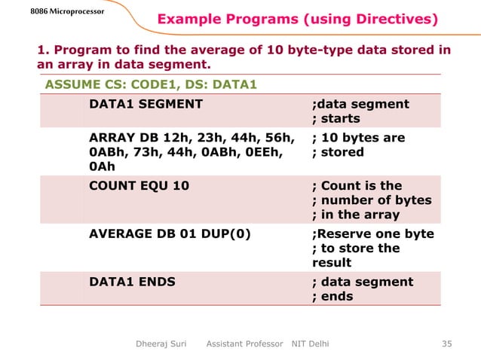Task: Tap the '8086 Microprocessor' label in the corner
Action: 51,11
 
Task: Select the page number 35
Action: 446,344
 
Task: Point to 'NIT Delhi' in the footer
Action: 310,344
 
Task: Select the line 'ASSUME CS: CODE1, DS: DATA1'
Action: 150,83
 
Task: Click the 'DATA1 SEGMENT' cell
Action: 146,104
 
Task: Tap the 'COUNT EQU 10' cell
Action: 139,185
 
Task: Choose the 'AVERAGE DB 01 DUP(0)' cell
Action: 170,233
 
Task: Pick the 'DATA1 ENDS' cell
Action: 132,282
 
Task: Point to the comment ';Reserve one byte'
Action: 373,233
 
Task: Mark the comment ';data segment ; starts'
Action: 360,111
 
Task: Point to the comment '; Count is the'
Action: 357,185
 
